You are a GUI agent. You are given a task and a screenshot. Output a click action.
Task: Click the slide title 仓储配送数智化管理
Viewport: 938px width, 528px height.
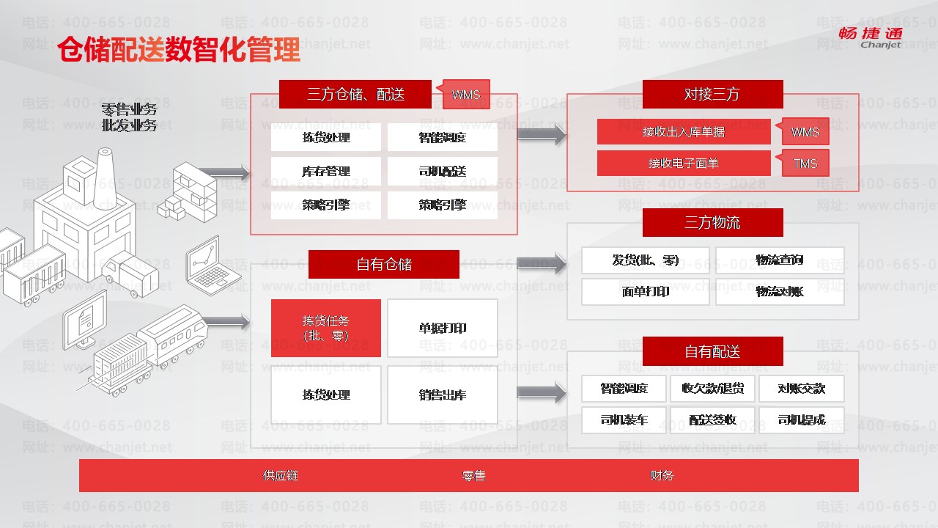(179, 50)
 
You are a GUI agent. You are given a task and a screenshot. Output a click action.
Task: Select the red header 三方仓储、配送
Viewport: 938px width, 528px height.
(355, 94)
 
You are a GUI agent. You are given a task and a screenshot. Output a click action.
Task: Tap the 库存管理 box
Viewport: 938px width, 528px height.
(326, 172)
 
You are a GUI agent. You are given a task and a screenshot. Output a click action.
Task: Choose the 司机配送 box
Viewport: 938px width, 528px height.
(443, 172)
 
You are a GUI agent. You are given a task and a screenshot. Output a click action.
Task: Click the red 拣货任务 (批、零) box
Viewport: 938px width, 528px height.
(326, 328)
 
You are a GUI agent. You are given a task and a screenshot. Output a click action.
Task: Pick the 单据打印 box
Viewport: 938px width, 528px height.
(443, 328)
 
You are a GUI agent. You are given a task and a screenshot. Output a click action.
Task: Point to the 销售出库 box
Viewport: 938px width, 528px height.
(443, 395)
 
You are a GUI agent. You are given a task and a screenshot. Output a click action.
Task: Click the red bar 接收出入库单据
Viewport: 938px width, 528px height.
(684, 132)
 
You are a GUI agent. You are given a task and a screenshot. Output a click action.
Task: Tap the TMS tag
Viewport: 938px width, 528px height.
(805, 164)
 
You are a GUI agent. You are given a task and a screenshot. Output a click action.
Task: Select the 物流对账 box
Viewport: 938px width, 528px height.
(780, 292)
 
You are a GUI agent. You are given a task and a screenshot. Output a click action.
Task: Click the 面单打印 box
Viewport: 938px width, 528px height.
(646, 292)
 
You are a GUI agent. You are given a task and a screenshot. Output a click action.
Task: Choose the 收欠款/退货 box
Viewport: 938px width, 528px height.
(712, 389)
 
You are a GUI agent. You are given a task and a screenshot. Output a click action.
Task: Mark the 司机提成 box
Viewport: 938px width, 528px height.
(802, 420)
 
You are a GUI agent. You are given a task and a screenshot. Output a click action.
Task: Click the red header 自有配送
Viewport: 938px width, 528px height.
(712, 351)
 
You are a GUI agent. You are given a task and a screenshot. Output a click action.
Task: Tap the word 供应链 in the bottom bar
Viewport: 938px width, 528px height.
(281, 475)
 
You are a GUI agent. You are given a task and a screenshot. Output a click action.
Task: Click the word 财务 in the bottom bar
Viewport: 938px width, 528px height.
(662, 475)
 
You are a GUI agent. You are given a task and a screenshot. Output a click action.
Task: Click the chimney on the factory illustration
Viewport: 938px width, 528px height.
(105, 163)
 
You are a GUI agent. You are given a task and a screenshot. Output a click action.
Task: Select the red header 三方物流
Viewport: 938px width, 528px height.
(712, 222)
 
